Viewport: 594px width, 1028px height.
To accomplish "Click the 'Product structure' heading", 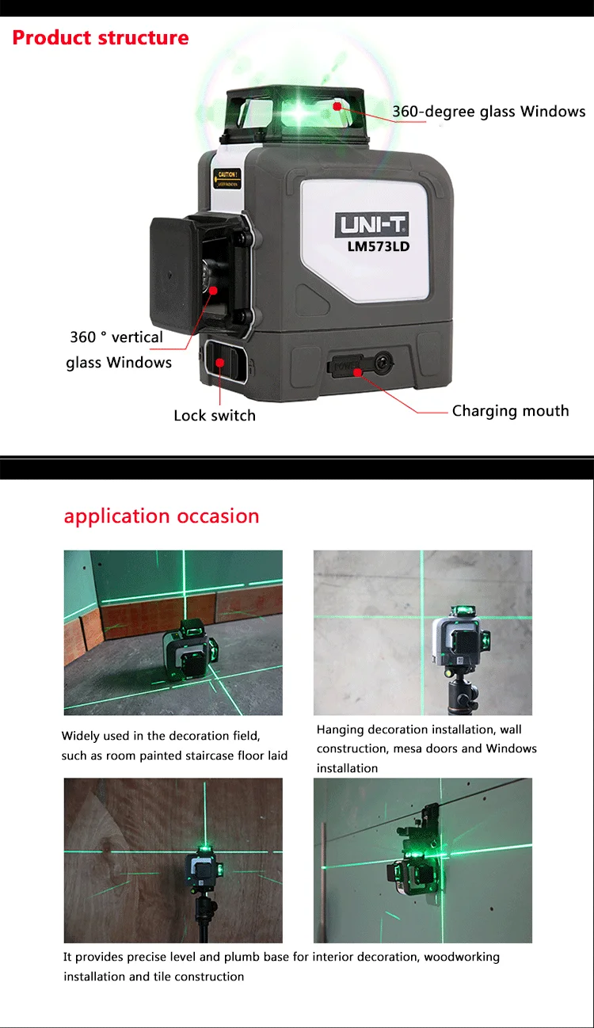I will (x=101, y=37).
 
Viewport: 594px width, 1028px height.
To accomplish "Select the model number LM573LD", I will (x=378, y=246).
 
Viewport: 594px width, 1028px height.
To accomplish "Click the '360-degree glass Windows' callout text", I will (x=489, y=112).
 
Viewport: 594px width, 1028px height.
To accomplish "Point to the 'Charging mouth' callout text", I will (x=510, y=411).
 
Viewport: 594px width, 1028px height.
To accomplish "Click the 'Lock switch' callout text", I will (x=215, y=416).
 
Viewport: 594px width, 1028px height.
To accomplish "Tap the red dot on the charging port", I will (x=358, y=371).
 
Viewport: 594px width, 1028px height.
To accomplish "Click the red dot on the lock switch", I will (x=219, y=362).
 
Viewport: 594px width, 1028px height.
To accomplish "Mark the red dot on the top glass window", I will (x=337, y=105).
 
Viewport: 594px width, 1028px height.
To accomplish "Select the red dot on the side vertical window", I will (x=214, y=290).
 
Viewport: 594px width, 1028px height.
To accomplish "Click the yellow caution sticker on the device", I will (x=227, y=179).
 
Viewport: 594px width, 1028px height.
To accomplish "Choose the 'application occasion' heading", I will (x=162, y=516).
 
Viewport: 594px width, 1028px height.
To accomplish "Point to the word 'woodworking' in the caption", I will (x=462, y=958).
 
